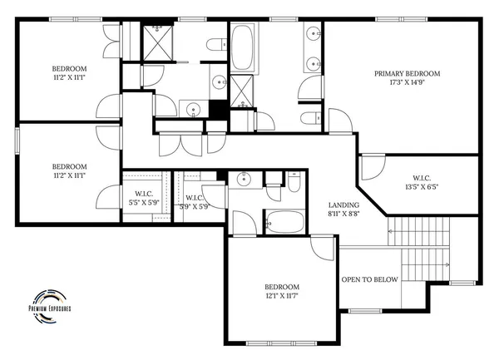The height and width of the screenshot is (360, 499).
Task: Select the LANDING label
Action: (x=343, y=205)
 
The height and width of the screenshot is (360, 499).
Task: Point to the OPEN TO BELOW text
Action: (x=370, y=279)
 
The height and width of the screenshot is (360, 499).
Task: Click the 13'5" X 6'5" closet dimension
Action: (x=421, y=187)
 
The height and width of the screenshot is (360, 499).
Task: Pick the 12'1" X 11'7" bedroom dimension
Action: (x=281, y=295)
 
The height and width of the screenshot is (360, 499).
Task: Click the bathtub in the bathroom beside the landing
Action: (x=285, y=222)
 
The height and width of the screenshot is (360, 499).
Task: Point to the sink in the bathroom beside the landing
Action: (x=245, y=179)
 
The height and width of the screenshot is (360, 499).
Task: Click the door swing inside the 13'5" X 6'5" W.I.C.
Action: (x=371, y=170)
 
